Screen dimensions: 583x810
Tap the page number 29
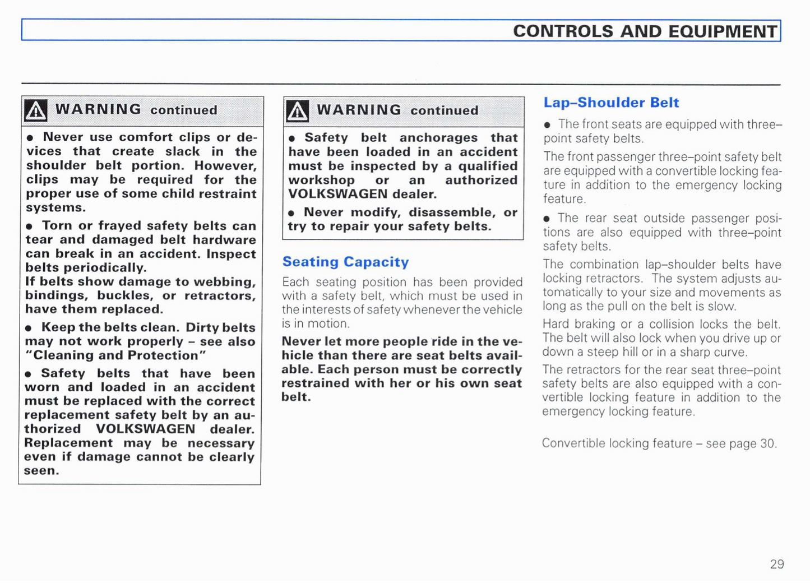click(777, 564)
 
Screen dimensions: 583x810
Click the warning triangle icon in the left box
click(36, 110)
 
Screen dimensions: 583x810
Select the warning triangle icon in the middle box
click(297, 110)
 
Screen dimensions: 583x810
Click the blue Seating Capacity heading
click(345, 262)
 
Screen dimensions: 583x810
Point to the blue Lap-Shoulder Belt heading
click(611, 103)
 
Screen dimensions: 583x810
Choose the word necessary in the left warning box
click(221, 443)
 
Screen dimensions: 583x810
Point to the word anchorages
click(438, 138)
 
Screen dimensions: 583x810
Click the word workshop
click(321, 181)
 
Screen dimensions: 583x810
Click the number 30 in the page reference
click(767, 443)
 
